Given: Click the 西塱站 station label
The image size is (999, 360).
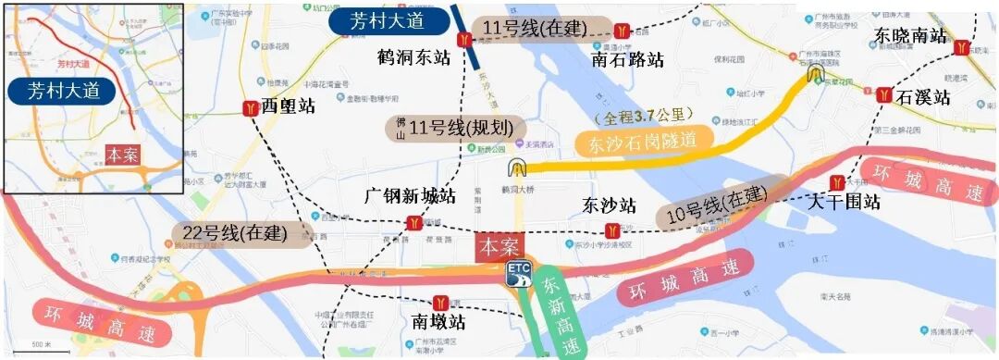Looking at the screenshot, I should (289, 106).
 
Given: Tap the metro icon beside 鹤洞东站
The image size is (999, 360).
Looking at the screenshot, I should (465, 40).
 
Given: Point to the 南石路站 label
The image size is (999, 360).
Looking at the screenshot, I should (628, 60).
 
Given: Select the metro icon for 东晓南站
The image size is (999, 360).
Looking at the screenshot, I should (965, 46).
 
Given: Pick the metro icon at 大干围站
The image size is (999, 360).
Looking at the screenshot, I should (837, 182).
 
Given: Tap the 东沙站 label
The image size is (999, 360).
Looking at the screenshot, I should (610, 205).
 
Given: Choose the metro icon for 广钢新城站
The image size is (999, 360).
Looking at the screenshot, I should (415, 223).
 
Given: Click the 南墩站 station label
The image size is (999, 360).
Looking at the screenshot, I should (438, 322).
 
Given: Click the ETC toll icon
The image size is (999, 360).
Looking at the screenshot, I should (518, 272).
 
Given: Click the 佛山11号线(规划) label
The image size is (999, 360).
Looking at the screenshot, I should (455, 128).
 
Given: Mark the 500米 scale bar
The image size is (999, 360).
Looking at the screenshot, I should (42, 346).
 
